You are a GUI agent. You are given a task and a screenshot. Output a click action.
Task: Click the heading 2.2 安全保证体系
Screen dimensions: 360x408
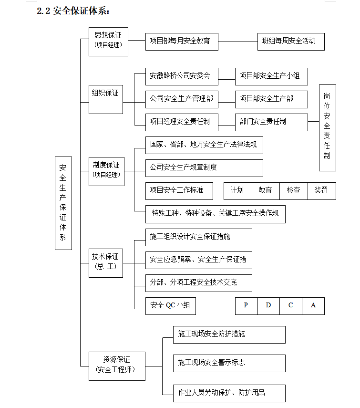73,11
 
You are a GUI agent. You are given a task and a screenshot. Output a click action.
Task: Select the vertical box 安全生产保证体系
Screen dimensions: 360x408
63,203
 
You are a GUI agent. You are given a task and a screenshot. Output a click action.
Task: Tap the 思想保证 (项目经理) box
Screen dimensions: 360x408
108,42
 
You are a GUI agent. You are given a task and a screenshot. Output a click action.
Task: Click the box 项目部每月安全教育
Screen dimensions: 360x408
182,42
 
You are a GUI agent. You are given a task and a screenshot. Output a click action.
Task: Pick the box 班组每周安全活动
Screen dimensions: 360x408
291,42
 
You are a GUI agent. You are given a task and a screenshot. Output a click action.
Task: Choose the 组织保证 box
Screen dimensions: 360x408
106,99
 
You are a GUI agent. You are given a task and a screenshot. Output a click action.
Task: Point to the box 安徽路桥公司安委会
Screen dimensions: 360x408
182,76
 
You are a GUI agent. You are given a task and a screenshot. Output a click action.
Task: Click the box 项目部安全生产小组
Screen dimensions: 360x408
271,76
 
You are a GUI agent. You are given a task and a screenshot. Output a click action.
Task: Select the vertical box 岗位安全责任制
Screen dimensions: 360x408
328,128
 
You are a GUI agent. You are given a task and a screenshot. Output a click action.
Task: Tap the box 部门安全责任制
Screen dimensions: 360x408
271,122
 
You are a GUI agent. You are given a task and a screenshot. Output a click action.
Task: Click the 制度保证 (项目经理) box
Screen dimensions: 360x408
107,171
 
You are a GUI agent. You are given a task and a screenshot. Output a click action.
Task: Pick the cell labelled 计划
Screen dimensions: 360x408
238,191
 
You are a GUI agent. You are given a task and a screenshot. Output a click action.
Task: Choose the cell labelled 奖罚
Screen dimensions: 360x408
322,191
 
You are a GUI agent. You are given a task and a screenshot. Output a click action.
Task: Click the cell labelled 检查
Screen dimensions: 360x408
294,191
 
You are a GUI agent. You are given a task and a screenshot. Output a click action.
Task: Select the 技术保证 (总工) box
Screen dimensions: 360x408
106,263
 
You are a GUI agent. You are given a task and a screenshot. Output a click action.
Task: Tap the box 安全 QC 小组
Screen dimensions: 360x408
171,306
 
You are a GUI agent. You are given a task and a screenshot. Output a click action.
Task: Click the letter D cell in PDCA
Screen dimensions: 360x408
269,306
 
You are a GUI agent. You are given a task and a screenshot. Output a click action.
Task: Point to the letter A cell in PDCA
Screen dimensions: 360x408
313,306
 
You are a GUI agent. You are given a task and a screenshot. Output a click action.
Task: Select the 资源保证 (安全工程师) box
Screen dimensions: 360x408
117,366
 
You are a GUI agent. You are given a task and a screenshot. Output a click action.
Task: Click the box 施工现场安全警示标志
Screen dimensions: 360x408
229,363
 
